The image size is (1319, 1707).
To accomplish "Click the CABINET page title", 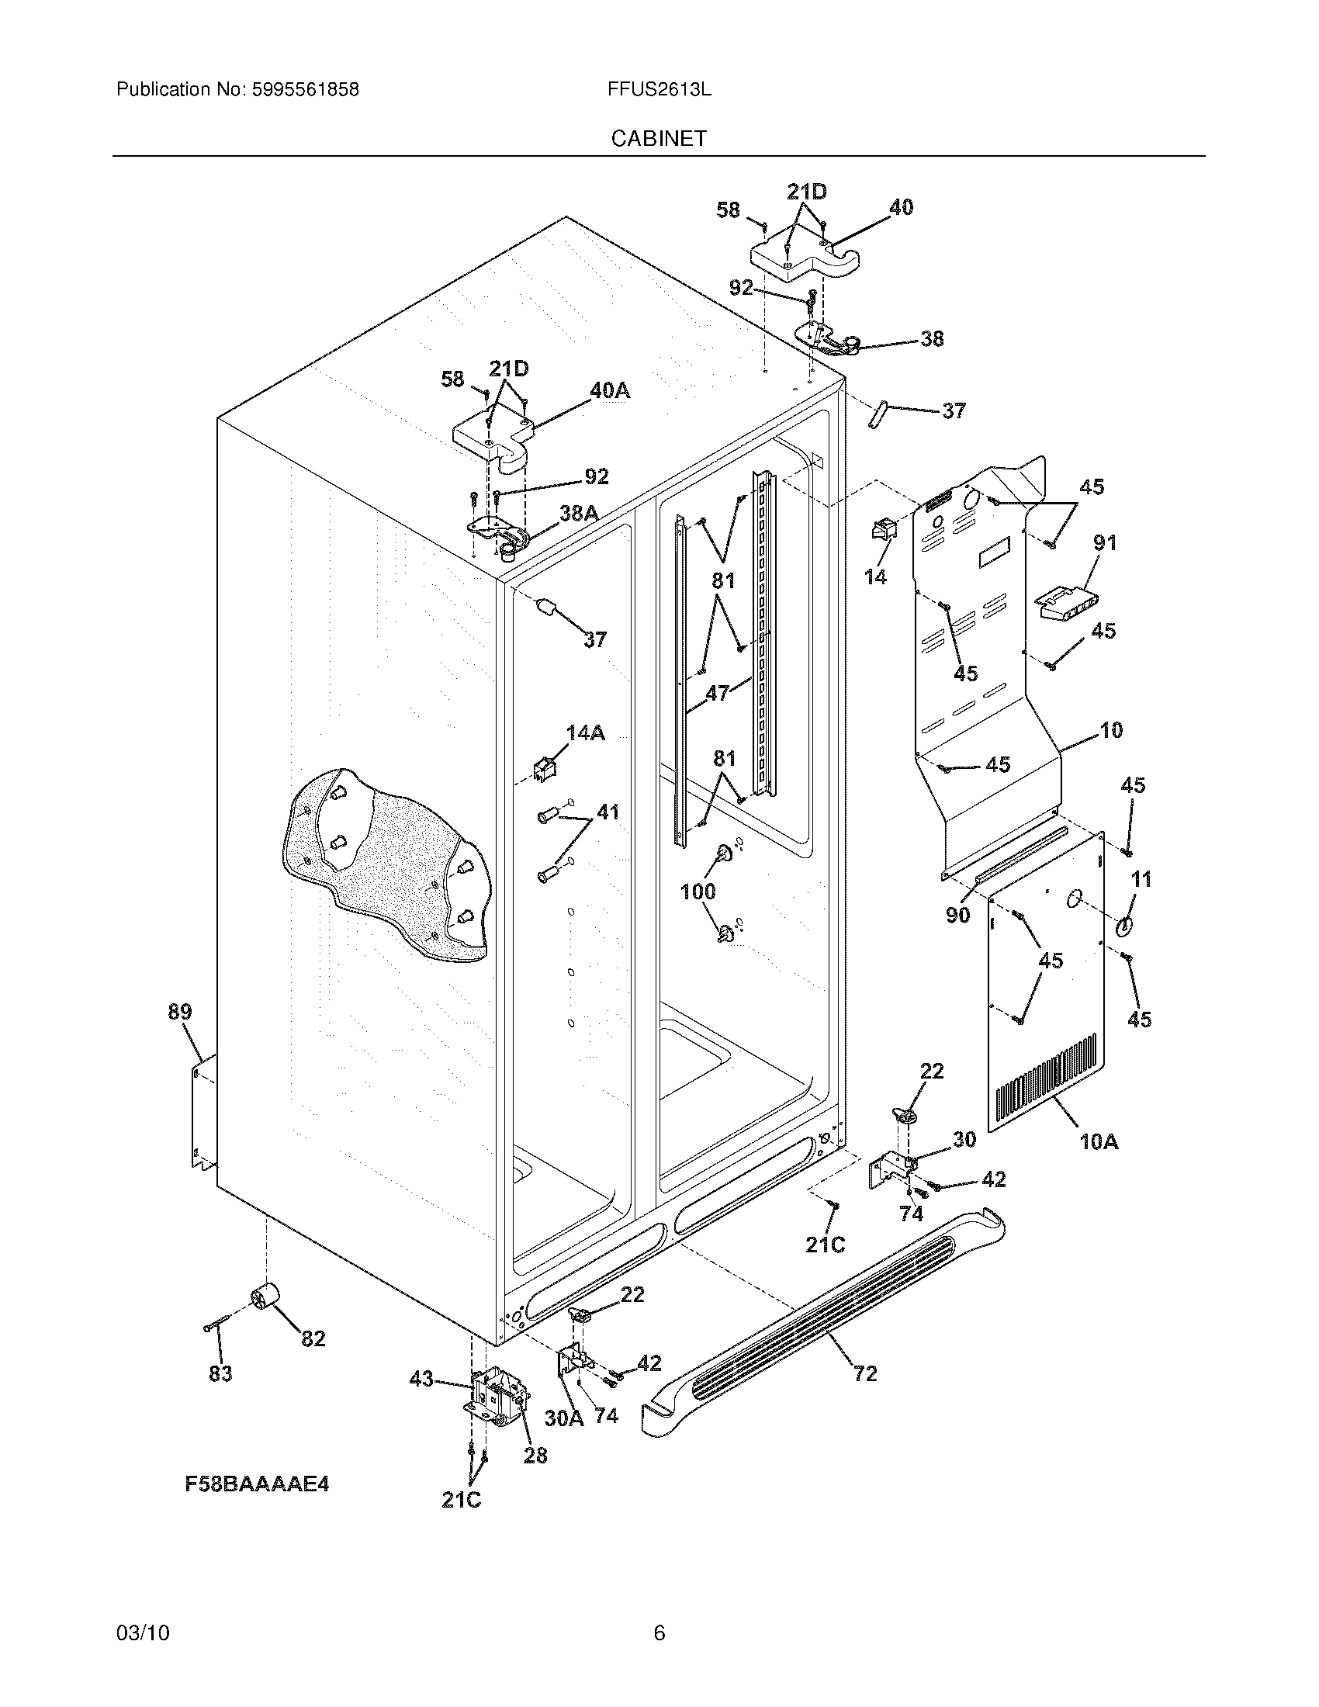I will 658,138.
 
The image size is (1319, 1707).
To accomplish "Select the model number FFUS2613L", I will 658,90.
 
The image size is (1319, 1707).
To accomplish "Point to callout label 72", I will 865,1373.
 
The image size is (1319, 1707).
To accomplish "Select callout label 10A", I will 1099,1142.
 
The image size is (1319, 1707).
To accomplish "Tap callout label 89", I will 179,1012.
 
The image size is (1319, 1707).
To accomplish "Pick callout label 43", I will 421,1380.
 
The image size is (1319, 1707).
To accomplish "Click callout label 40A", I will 610,391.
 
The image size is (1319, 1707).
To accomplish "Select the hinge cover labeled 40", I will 805,258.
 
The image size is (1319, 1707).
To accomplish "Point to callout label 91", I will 1104,542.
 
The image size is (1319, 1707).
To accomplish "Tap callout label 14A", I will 585,732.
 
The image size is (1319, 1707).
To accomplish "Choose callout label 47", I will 718,692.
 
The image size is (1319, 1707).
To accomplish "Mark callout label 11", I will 1141,879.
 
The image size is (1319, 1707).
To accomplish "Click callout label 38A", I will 578,513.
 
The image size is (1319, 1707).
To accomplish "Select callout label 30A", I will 563,1417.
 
